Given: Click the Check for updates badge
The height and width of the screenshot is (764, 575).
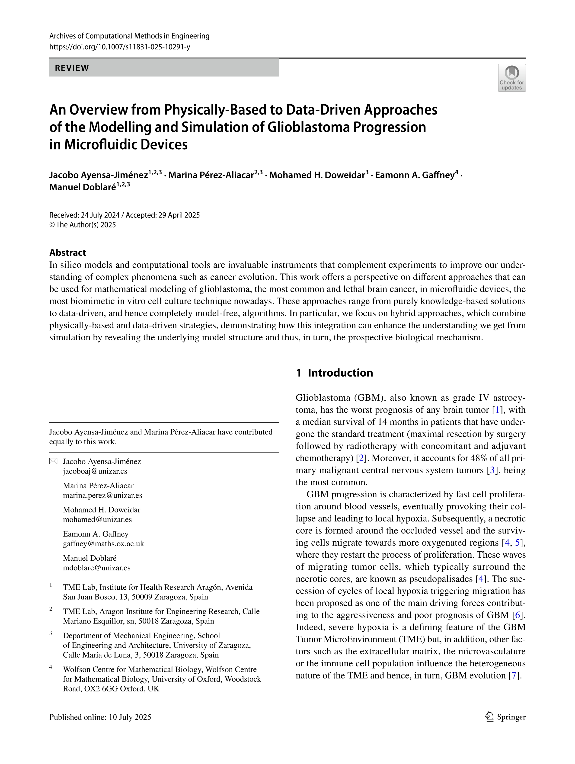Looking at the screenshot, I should [511, 78].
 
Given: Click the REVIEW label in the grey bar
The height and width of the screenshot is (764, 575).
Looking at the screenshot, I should [72, 68].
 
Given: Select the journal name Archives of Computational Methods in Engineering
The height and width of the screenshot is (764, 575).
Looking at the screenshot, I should [129, 36].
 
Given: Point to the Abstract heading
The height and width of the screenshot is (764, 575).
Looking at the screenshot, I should [68, 253].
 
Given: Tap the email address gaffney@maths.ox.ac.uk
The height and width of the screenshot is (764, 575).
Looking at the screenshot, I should [103, 544].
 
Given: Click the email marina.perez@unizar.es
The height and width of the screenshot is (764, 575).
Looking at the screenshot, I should [102, 495].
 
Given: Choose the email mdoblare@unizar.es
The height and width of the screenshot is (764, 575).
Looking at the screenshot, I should [96, 568].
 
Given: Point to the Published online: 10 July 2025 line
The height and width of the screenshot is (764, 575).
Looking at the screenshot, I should [100, 717].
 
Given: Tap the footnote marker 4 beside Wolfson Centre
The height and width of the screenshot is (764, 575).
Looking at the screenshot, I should [51, 667].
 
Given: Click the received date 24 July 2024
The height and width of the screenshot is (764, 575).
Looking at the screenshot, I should [100, 215].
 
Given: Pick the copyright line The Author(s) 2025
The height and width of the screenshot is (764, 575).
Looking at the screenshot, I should [83, 225].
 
